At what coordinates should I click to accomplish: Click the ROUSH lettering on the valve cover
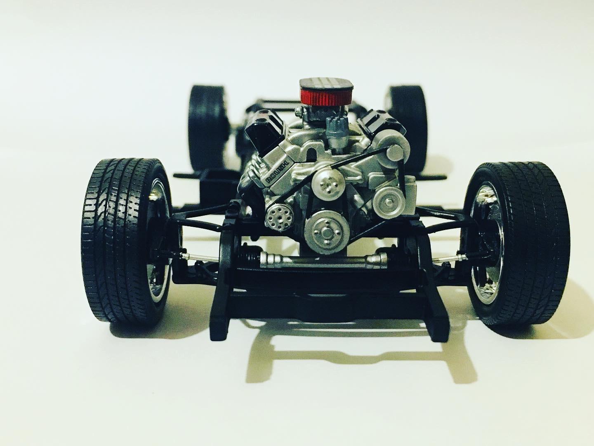(278, 173)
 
